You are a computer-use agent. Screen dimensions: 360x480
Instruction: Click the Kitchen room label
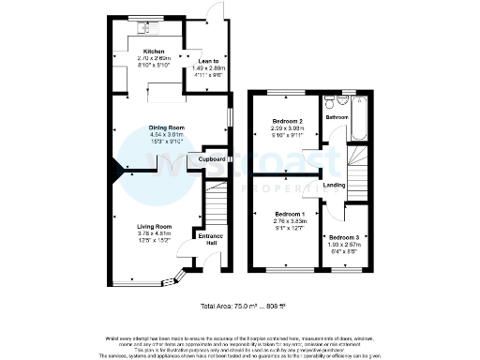click(x=153, y=52)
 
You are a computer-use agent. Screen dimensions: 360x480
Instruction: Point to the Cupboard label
click(x=212, y=160)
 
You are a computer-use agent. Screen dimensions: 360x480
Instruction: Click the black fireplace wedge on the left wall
click(x=117, y=169)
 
